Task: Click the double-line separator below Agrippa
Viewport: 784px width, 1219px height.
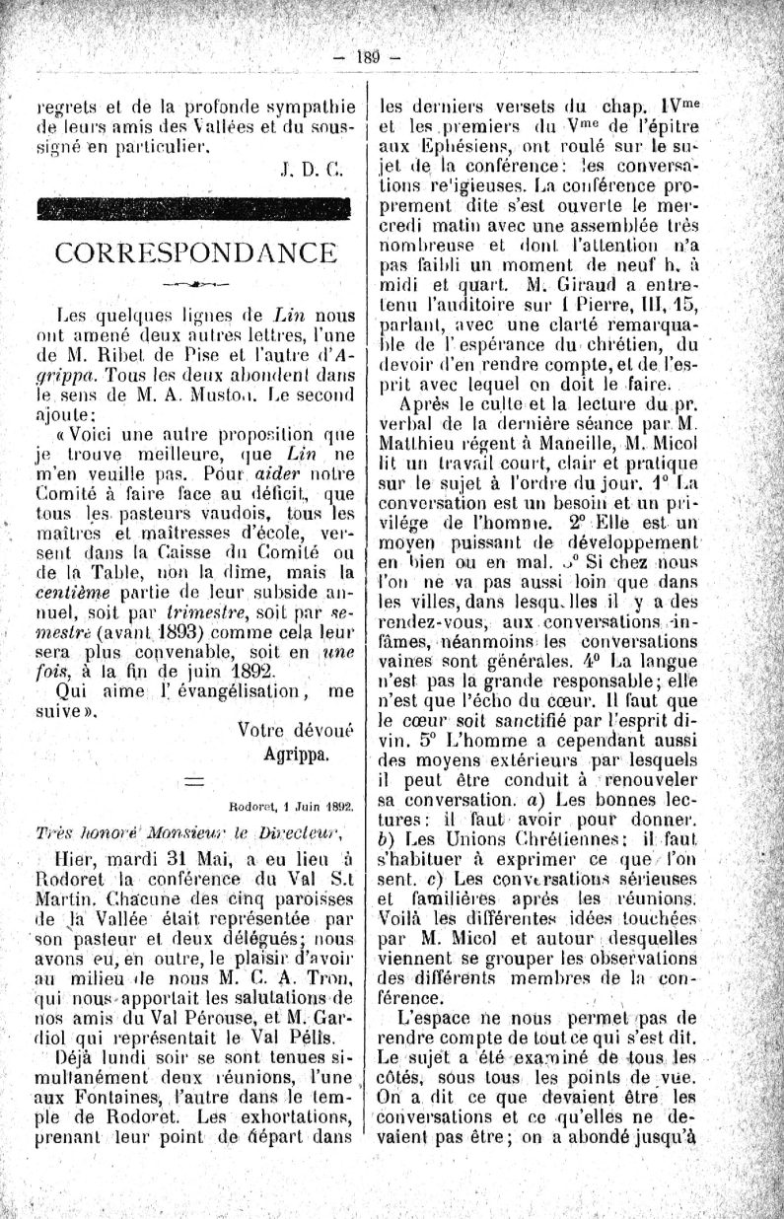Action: click(195, 779)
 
